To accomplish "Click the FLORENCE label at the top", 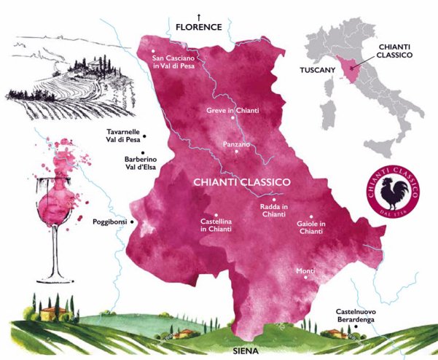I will [x=198, y=27].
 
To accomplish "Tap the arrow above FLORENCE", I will [x=198, y=15].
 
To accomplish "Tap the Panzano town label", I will [x=236, y=144].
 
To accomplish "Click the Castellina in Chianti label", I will [x=216, y=224].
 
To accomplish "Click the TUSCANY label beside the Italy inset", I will [x=318, y=71].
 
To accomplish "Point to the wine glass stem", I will [x=55, y=251].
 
